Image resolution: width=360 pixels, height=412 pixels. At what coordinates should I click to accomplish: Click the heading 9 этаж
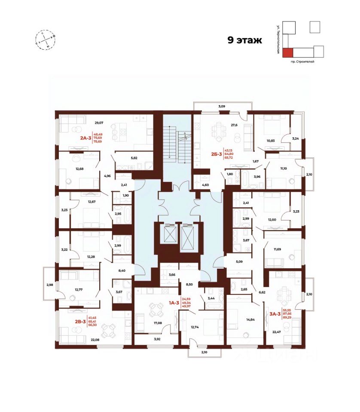244,41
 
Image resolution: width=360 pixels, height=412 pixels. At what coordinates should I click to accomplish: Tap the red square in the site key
288,52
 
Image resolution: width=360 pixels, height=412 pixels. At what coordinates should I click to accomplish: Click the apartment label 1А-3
174,303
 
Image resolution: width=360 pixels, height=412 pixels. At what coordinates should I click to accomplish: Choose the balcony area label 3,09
222,106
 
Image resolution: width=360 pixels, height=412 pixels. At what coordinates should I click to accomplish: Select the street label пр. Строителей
302,62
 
